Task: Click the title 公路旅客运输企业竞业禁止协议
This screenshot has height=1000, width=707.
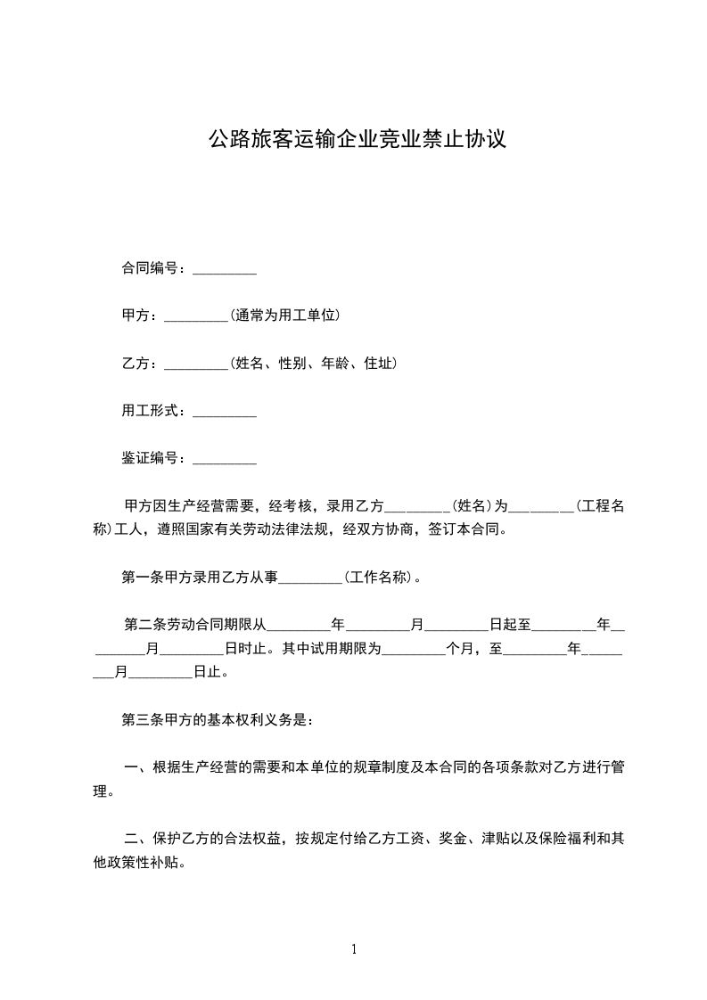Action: point(357,140)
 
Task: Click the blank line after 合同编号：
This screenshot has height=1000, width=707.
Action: point(225,268)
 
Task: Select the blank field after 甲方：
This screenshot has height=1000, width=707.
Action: point(197,316)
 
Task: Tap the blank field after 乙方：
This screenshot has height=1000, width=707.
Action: point(197,364)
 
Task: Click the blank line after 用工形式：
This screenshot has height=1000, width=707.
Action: point(225,411)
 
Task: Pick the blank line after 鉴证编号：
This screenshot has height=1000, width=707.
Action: point(225,459)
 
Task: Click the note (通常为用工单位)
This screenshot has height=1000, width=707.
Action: point(285,316)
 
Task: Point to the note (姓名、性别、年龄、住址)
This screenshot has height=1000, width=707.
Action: point(313,364)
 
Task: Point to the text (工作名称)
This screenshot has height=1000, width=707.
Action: point(379,577)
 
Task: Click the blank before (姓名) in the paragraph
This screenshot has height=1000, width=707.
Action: point(415,507)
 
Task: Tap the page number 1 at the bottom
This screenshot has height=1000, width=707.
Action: point(354,949)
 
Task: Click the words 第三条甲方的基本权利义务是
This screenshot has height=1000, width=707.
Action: point(214,719)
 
